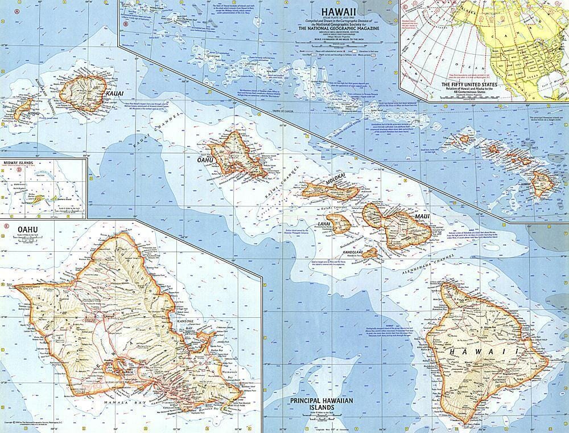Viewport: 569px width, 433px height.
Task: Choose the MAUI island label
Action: [421, 217]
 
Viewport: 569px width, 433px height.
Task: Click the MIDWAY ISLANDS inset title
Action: [18, 163]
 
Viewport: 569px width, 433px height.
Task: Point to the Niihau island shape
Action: [24, 108]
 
